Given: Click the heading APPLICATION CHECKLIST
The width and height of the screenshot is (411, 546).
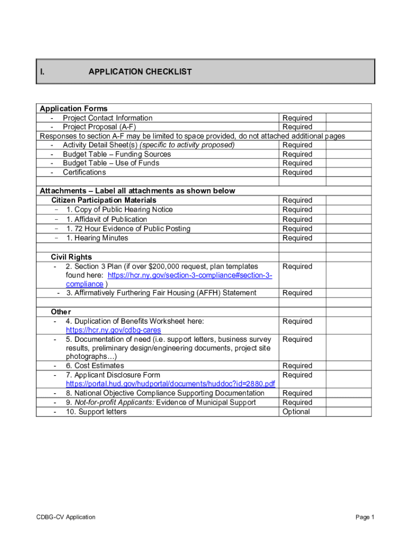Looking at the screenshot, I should [140, 71].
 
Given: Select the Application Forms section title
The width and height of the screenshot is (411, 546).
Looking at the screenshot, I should [74, 109].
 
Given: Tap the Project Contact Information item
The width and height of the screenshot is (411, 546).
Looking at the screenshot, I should [107, 118].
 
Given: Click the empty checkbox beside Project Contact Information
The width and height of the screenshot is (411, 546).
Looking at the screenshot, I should [348, 118].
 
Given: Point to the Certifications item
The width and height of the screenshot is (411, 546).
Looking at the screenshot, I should [84, 172].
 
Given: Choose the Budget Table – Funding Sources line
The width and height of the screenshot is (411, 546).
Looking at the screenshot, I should [117, 154].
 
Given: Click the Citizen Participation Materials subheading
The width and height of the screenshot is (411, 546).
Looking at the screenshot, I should [104, 200].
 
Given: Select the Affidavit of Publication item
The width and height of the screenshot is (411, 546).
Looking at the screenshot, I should [106, 219].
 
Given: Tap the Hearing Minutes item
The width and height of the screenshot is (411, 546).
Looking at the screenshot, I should [97, 238].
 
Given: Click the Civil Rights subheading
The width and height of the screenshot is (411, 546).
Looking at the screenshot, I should [72, 257].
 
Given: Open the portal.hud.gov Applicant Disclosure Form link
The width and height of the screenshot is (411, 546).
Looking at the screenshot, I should [170, 384].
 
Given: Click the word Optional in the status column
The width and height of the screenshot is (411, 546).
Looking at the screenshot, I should [296, 412].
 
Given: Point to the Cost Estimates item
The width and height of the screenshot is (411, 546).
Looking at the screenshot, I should [95, 366].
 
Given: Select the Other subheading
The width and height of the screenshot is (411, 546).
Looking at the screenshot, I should [61, 311].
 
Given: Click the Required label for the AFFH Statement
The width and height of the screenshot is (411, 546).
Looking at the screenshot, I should [297, 293].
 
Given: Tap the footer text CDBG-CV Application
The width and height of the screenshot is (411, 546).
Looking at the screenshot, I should [66, 517].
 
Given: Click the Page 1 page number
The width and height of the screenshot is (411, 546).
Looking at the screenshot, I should [365, 517].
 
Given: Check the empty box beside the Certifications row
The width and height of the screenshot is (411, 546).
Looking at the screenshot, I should [348, 172].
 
